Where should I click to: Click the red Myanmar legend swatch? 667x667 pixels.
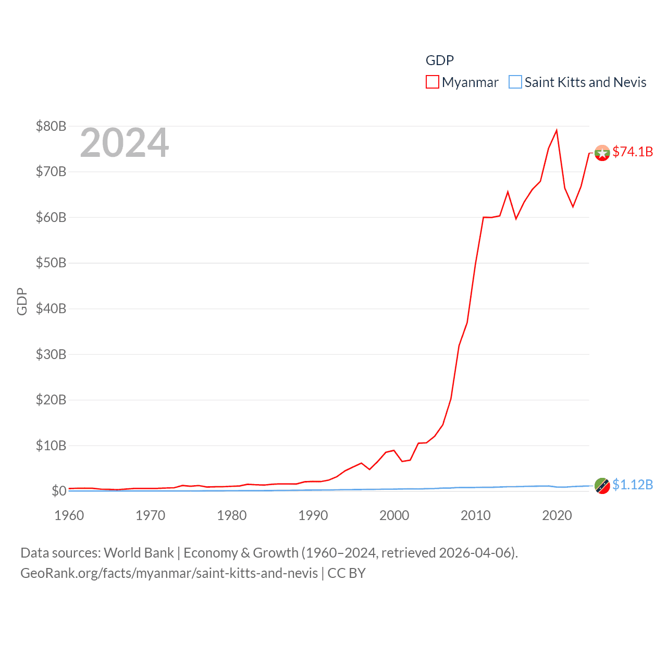coord(432,82)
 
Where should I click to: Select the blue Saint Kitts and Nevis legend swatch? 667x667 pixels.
coord(515,82)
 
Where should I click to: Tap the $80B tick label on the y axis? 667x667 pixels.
coord(51,126)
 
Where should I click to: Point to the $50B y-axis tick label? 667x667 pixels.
coord(51,263)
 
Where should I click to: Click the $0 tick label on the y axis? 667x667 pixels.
coord(59,491)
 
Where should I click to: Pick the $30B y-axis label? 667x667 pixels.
coord(51,354)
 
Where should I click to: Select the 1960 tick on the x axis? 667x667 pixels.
coord(69,515)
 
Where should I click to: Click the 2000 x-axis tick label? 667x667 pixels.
coord(394,515)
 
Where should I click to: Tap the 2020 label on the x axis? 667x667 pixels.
coord(557,515)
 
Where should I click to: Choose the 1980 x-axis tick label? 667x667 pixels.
coord(232,515)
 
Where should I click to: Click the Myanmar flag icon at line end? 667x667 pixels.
coord(602,153)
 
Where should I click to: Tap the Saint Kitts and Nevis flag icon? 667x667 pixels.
coord(602,486)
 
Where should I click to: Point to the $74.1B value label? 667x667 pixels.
coord(633,152)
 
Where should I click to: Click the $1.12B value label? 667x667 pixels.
coord(633,485)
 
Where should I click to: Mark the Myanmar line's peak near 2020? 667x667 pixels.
coord(557,130)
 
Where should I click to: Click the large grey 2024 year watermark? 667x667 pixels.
coord(125,143)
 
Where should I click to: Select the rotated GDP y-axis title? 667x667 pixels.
coord(22,301)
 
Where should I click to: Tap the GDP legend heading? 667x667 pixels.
coord(440,60)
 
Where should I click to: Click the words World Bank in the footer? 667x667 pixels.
coord(139,552)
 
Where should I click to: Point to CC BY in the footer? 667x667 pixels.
coord(347,573)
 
